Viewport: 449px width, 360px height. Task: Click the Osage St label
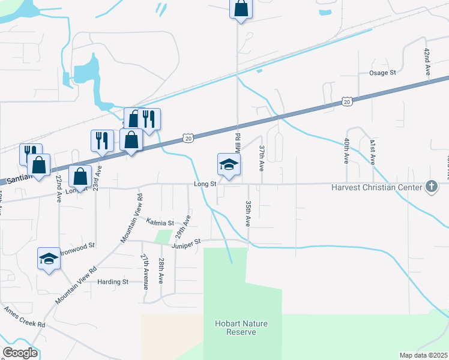pos(382,73)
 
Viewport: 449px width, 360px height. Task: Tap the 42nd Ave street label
pos(427,61)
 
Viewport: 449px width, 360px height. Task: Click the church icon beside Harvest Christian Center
pos(430,187)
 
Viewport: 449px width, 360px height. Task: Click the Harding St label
pos(113,281)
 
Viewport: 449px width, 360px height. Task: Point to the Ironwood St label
pos(78,246)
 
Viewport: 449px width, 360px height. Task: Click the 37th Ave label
pos(262,158)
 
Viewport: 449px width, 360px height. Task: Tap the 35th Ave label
pos(248,214)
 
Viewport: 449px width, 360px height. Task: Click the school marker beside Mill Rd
pos(229,165)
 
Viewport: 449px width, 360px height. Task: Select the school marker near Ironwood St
pos(49,259)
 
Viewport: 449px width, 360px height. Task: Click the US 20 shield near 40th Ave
pos(346,103)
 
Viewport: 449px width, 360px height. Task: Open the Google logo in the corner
pos(20,353)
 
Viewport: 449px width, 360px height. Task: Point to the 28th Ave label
pos(161,271)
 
